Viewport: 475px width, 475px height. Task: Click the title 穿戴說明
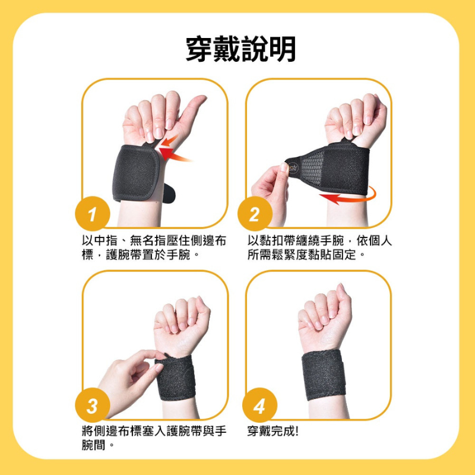[240, 49]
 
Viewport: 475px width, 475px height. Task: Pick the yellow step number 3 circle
[93, 407]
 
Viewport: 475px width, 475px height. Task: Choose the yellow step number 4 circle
[259, 407]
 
